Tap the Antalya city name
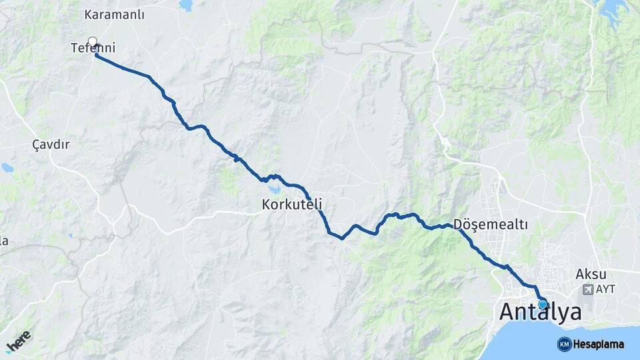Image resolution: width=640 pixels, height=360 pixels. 540,312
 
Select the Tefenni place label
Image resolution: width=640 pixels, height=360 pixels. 93,48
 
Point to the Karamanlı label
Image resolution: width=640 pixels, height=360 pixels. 115,14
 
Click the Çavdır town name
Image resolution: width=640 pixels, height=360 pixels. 51,144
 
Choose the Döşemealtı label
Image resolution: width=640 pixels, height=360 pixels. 490,225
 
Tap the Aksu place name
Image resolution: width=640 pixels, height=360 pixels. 591,274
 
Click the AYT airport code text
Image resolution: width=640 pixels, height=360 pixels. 605,290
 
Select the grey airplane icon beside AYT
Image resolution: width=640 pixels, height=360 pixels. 587,290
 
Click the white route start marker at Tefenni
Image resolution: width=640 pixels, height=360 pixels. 93,41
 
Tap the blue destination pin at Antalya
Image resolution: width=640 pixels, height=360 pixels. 543,305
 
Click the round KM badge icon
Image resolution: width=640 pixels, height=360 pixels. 564,344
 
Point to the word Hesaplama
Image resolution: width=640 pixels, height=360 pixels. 599,344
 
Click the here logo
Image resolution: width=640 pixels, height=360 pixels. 18,341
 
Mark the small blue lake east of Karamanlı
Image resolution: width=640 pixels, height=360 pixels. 186,5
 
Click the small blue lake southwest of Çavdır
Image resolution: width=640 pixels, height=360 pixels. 7,167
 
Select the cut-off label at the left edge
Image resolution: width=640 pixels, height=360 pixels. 3,241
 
